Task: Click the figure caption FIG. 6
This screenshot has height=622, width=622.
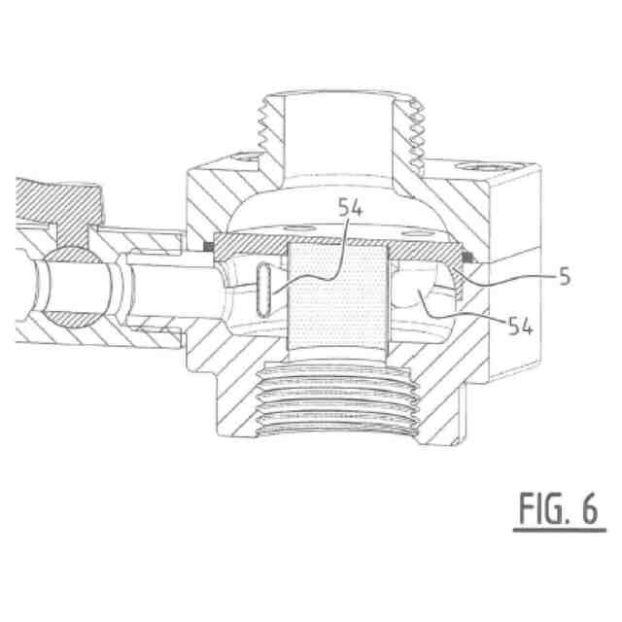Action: pyautogui.click(x=559, y=508)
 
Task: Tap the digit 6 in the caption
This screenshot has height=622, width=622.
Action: pyautogui.click(x=590, y=508)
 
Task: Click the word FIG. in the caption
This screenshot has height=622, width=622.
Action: pyautogui.click(x=542, y=508)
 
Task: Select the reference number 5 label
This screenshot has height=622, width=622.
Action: pyautogui.click(x=565, y=276)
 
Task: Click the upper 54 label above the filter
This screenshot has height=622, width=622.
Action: pyautogui.click(x=350, y=207)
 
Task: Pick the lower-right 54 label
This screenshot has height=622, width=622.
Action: pyautogui.click(x=521, y=327)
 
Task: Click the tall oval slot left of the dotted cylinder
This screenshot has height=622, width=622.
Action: pyautogui.click(x=263, y=291)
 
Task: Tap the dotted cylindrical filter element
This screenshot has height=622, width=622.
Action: pyautogui.click(x=337, y=297)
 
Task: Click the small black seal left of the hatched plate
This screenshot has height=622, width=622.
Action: pyautogui.click(x=208, y=247)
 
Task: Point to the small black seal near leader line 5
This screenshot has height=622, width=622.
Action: pyautogui.click(x=469, y=258)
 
